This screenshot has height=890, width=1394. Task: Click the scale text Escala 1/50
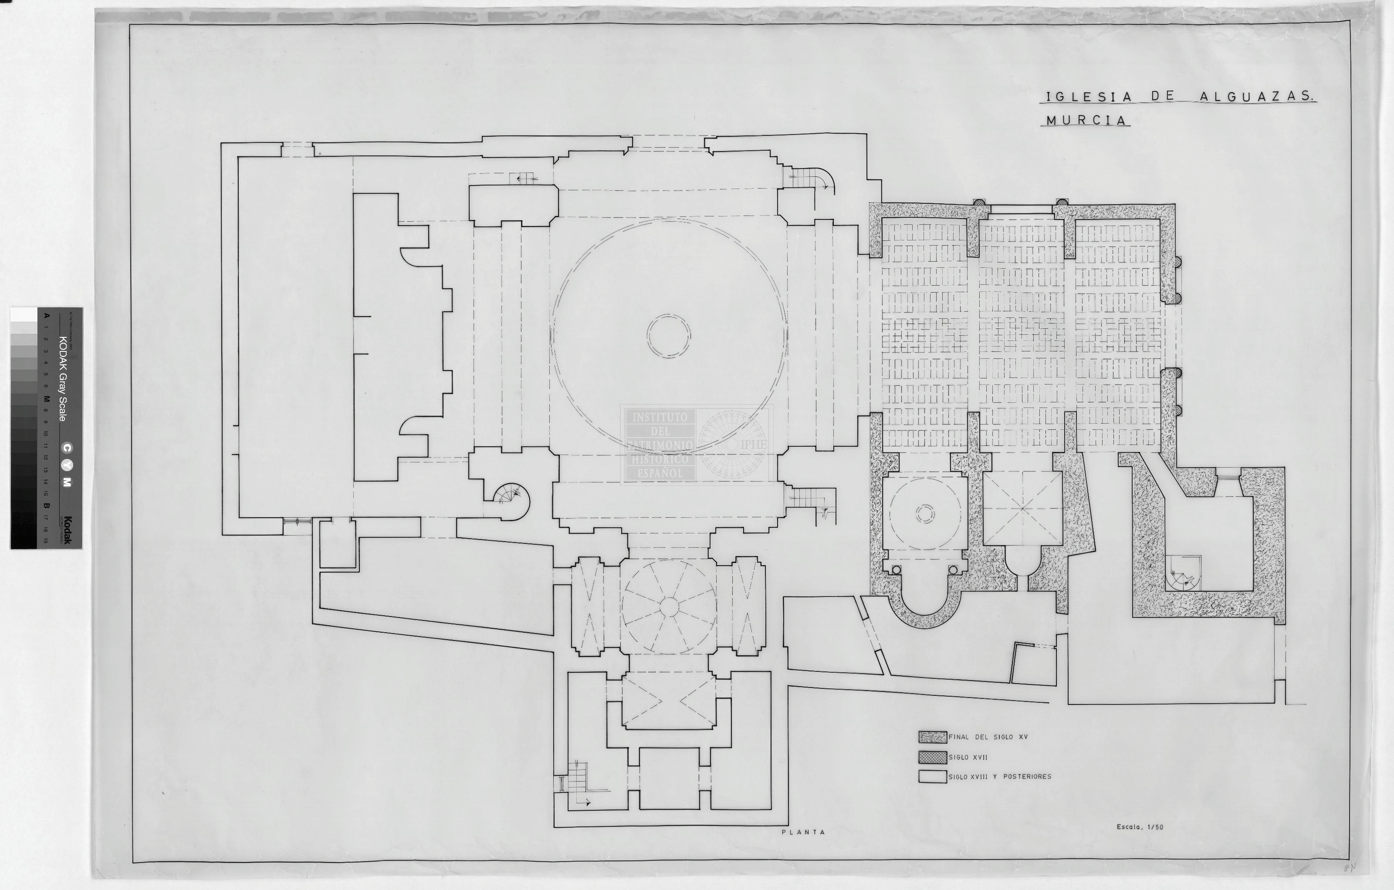(x=1139, y=827)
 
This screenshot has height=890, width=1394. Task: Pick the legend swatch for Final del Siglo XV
(x=932, y=737)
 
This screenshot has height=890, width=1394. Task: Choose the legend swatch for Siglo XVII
(x=932, y=757)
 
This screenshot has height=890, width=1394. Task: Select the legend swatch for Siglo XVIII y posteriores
(x=932, y=777)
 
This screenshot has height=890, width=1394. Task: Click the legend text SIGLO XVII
(x=968, y=757)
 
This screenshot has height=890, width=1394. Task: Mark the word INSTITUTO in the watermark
(x=660, y=417)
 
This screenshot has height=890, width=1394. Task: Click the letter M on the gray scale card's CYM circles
(x=67, y=482)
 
